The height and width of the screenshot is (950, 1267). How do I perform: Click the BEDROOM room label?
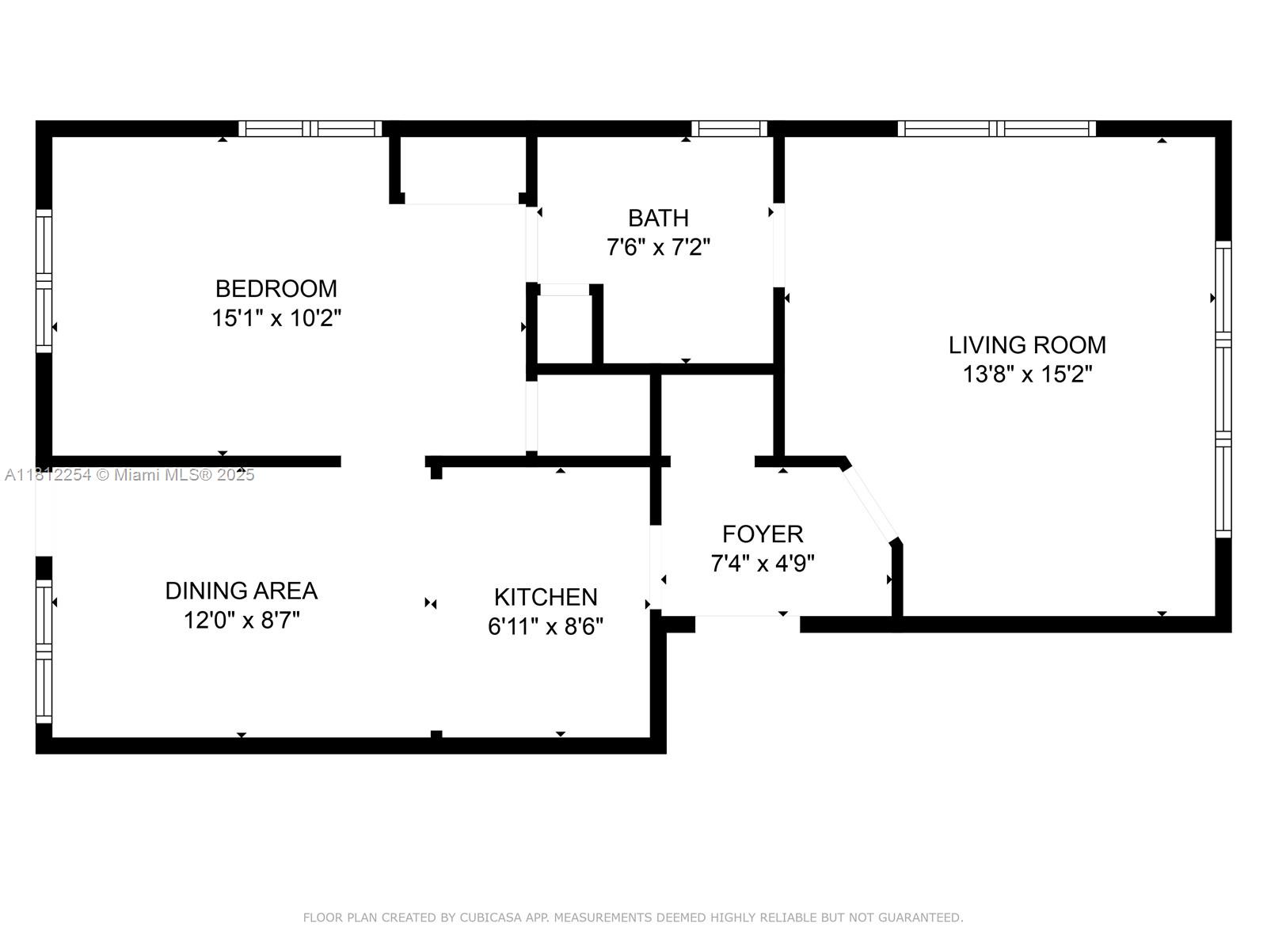click(x=276, y=288)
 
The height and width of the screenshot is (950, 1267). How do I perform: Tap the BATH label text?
click(x=658, y=218)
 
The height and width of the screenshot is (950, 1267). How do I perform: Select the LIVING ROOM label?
click(x=1027, y=345)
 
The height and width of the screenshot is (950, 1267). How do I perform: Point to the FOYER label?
click(x=763, y=534)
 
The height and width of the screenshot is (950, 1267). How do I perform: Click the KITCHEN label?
click(x=546, y=597)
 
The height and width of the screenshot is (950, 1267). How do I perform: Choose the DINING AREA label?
click(x=242, y=591)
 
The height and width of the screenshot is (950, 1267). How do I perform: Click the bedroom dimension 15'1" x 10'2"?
click(x=276, y=317)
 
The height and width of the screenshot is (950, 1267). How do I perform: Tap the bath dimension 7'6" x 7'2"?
click(x=658, y=248)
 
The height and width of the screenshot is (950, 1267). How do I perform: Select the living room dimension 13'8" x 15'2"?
click(x=1027, y=374)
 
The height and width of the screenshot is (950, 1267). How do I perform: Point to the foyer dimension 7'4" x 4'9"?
click(x=763, y=563)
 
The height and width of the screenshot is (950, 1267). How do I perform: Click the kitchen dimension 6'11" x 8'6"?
click(x=546, y=626)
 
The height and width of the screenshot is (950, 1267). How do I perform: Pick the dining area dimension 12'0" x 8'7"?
click(x=242, y=621)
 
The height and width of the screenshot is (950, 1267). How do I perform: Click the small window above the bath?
click(x=729, y=128)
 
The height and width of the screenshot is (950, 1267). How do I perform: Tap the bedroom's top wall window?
click(x=310, y=128)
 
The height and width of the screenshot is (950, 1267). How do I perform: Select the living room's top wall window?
click(x=997, y=128)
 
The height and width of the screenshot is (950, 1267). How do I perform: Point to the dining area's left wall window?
click(x=44, y=652)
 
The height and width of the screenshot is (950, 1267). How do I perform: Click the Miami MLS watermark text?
click(x=129, y=475)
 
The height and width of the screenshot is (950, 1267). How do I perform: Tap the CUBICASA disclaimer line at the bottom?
click(x=633, y=918)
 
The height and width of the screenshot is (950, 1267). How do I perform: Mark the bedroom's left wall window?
click(x=44, y=281)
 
